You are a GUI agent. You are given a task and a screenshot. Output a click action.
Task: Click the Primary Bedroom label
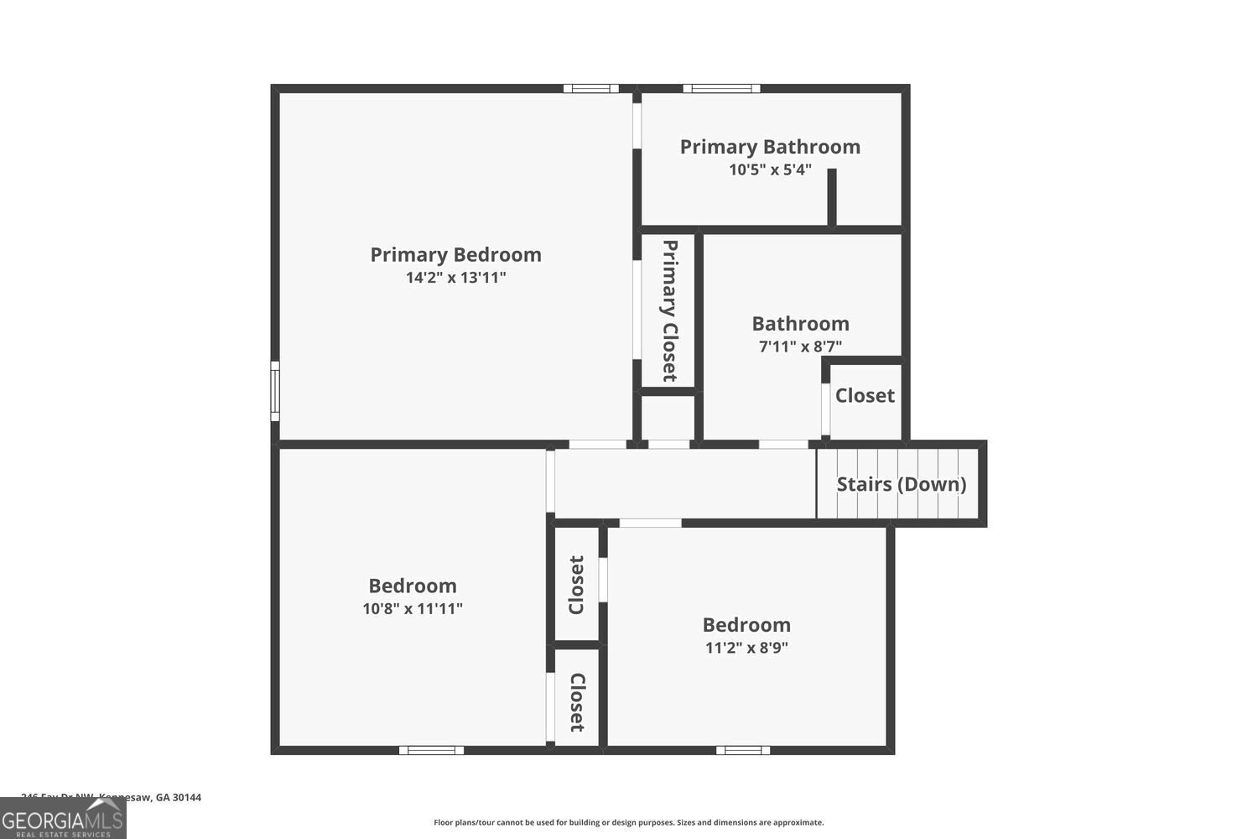(x=455, y=254)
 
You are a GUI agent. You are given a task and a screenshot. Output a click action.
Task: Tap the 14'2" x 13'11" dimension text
(x=455, y=278)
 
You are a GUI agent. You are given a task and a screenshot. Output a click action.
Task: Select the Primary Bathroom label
(x=770, y=147)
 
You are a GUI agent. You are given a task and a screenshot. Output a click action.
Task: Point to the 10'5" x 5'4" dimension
(x=770, y=169)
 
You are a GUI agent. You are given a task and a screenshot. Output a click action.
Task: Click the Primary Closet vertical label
(x=669, y=310)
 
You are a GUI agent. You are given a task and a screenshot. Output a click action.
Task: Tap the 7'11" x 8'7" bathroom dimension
(x=800, y=347)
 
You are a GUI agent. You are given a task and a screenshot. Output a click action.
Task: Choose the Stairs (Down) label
(x=901, y=484)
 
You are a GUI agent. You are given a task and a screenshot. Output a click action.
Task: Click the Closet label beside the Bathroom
(x=865, y=395)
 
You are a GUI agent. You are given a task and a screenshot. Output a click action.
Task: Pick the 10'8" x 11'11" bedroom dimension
(x=413, y=609)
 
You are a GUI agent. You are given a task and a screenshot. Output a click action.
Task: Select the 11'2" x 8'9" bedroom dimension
(x=746, y=648)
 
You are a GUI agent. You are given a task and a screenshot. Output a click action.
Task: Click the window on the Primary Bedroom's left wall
(x=274, y=391)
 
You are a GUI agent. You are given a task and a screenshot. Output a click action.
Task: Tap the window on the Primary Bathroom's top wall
(x=721, y=88)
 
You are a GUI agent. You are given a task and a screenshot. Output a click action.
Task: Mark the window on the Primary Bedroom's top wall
(x=590, y=88)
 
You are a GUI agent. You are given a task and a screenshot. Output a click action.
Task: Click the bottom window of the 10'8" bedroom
(x=431, y=750)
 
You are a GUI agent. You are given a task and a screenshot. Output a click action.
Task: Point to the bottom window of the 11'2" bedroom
(x=743, y=750)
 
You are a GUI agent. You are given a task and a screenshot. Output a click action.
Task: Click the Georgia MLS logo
(x=63, y=818)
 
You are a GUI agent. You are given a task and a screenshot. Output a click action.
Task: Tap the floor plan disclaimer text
(x=628, y=823)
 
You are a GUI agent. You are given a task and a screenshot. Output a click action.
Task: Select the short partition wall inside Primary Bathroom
(x=832, y=197)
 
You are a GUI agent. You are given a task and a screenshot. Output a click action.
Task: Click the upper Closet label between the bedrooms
(x=577, y=585)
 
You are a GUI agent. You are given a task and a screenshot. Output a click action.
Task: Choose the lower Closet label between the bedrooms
(x=577, y=702)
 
